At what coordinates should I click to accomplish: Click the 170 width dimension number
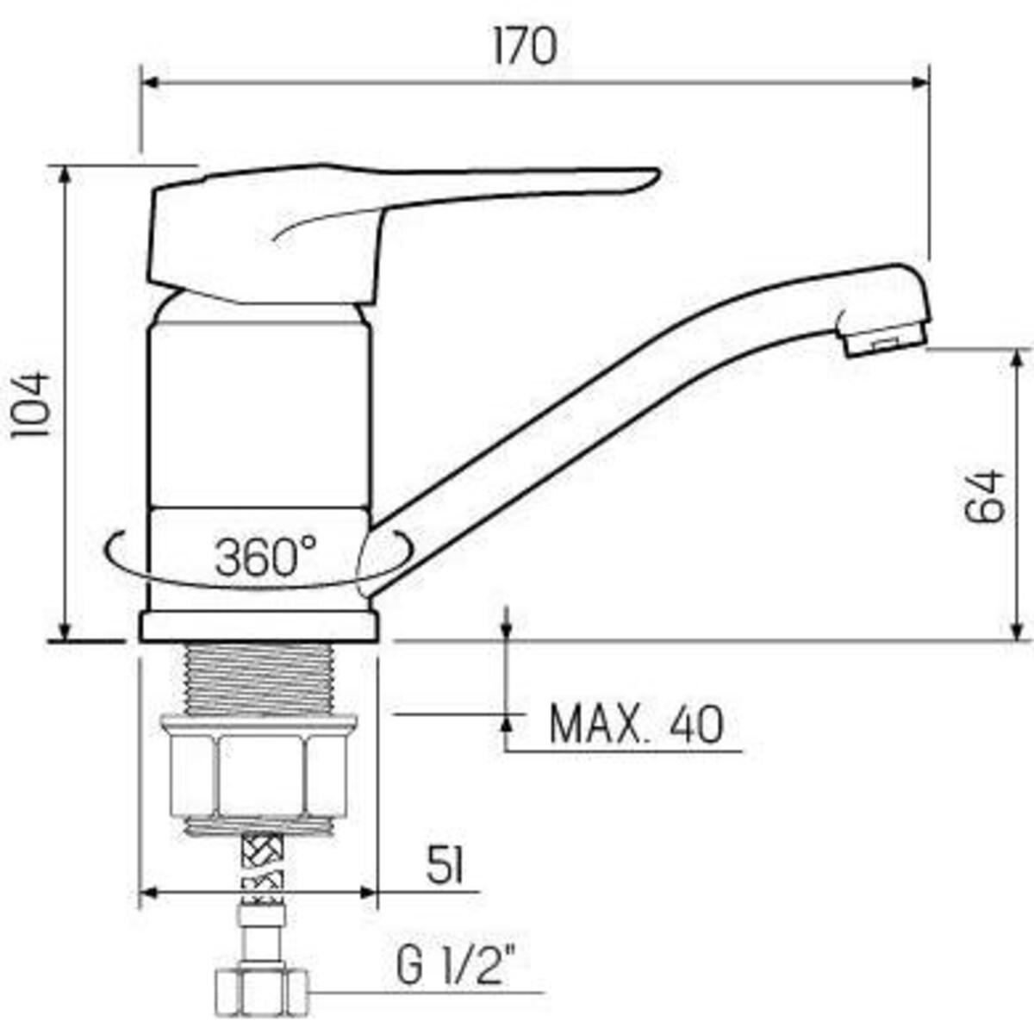coord(525,47)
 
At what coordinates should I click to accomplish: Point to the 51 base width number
coord(445,865)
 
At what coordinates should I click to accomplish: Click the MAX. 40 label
coord(637,725)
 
